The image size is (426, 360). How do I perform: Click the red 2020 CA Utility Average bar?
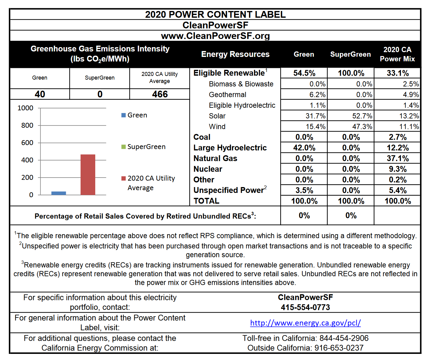(88, 174)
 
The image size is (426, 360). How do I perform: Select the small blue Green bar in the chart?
(59, 193)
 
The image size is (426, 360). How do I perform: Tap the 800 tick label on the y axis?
(27, 125)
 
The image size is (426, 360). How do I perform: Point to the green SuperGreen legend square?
(123, 147)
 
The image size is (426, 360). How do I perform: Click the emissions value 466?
(160, 94)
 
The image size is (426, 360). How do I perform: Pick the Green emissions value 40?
(40, 94)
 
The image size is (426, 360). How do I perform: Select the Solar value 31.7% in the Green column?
(315, 116)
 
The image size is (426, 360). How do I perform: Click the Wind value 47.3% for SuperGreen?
(362, 126)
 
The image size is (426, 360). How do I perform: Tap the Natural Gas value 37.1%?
(398, 158)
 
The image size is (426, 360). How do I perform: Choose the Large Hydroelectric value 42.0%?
(304, 148)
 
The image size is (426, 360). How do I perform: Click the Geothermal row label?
(228, 95)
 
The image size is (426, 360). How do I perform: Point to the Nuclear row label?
(208, 169)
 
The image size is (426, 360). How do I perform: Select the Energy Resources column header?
(236, 54)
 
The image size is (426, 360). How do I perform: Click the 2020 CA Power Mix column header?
(397, 54)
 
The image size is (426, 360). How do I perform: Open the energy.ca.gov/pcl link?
(305, 323)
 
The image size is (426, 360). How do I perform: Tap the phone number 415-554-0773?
(305, 307)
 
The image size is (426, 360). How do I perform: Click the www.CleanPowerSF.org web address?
(215, 36)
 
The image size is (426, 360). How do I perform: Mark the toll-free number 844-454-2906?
(344, 338)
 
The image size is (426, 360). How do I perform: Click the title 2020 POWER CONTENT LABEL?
(215, 14)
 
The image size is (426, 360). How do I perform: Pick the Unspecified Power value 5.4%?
(398, 190)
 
